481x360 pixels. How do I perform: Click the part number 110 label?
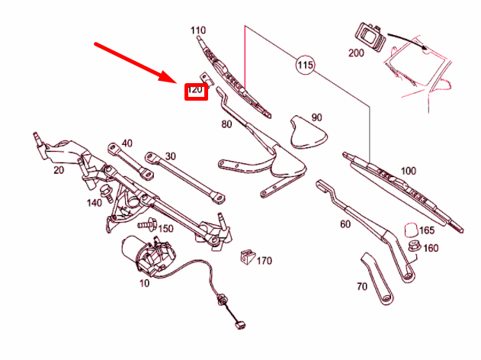click(198, 31)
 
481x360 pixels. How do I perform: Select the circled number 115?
click(305, 66)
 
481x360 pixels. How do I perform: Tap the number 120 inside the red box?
click(196, 91)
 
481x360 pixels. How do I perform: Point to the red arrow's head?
click(177, 79)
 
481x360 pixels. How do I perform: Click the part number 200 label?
click(356, 53)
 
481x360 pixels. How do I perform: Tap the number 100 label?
click(409, 171)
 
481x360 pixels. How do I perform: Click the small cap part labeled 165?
click(409, 229)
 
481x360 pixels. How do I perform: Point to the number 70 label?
click(362, 287)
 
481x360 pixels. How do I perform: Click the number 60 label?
click(345, 224)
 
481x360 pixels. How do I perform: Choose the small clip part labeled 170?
click(246, 257)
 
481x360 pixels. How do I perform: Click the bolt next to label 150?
click(146, 226)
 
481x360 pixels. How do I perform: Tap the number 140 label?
click(94, 203)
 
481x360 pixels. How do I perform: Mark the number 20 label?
click(58, 170)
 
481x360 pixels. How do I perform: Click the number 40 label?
click(127, 143)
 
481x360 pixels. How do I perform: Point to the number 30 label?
click(170, 156)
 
